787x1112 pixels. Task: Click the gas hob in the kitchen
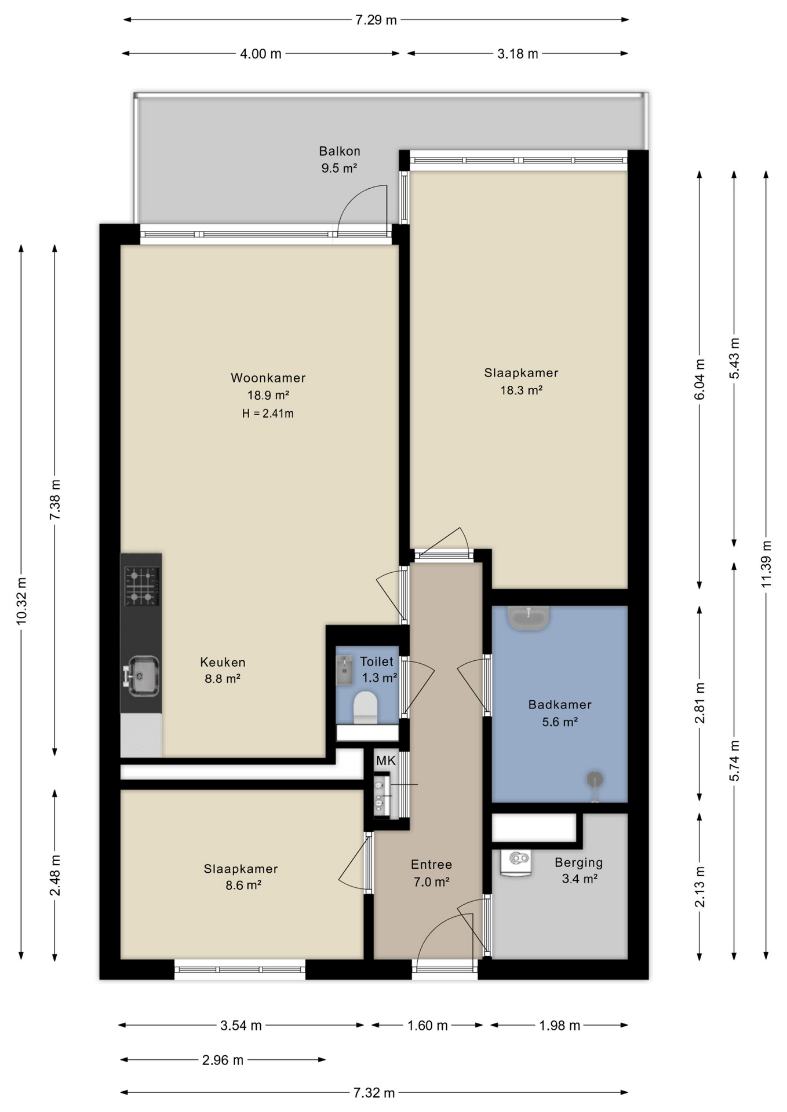point(142,586)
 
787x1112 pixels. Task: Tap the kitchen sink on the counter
point(141,675)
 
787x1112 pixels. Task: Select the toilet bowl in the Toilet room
point(365,707)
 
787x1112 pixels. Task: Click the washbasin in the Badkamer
point(528,618)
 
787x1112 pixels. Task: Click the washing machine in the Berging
point(516,863)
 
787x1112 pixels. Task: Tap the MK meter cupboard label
point(386,760)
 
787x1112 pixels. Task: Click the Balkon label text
point(340,151)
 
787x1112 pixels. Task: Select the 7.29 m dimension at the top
point(376,20)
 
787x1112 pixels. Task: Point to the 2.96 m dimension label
point(223,1060)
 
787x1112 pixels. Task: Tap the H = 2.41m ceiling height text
point(268,414)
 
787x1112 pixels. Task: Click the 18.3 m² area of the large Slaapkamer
point(522,390)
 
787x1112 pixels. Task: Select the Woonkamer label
point(268,378)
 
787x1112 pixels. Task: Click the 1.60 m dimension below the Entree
point(427,1026)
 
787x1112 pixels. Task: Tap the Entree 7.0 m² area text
point(432,881)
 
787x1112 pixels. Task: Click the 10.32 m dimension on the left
point(21,601)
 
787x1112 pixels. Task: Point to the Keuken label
point(223,662)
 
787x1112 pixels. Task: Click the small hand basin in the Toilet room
point(344,670)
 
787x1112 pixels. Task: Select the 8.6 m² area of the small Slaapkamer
point(243,885)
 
